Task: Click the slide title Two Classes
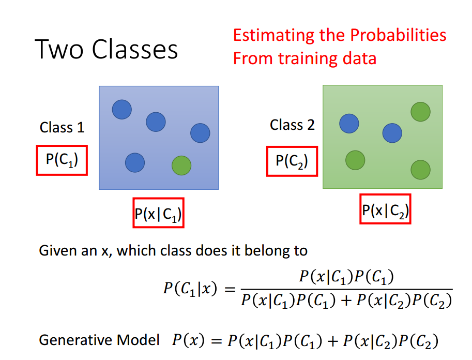107,50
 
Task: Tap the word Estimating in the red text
274,35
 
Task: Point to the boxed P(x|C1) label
158,213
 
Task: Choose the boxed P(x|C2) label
385,209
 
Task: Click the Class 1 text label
62,127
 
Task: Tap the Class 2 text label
292,125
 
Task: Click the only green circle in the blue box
181,166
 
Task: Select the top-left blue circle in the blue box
122,109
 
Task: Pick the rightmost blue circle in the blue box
200,133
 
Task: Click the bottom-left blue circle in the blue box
135,162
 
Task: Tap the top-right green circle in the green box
420,112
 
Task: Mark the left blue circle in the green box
349,123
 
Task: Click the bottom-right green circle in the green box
420,169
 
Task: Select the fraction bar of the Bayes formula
346,290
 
